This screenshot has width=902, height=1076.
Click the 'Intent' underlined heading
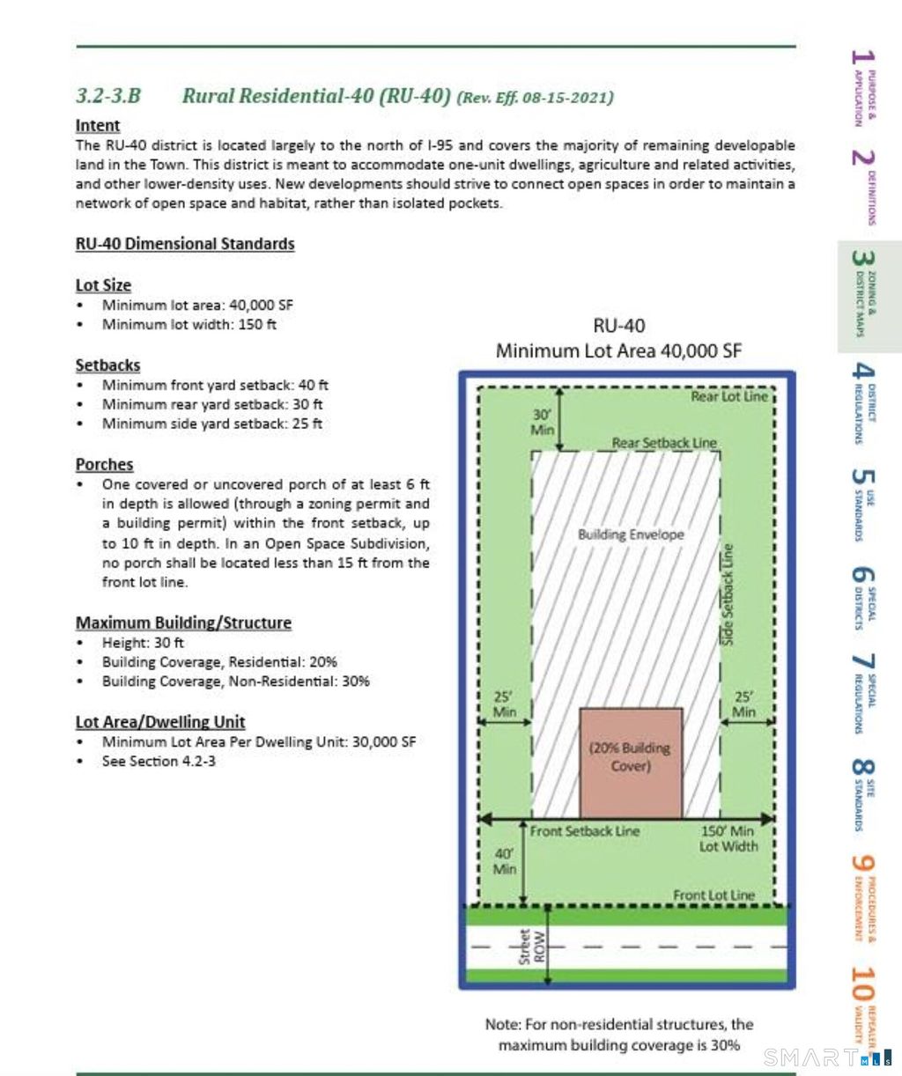(98, 126)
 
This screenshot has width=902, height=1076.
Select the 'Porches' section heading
(104, 464)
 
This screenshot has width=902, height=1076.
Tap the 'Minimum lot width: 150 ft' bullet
(189, 324)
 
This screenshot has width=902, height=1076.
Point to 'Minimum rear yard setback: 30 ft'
(211, 404)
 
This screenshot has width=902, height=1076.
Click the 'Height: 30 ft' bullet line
(143, 643)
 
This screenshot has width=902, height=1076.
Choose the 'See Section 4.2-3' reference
(159, 761)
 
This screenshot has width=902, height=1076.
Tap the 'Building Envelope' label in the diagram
(631, 534)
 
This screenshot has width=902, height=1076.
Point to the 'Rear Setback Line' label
(664, 443)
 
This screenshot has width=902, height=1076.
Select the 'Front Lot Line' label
(713, 895)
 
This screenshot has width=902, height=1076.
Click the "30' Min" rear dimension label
(543, 422)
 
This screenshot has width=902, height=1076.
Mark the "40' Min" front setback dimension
(504, 861)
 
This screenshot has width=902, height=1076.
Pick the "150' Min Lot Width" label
(728, 838)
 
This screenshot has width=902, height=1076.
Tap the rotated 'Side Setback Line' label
(728, 594)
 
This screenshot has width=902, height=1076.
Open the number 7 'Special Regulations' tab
(862, 691)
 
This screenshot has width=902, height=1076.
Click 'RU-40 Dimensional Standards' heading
(185, 244)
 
